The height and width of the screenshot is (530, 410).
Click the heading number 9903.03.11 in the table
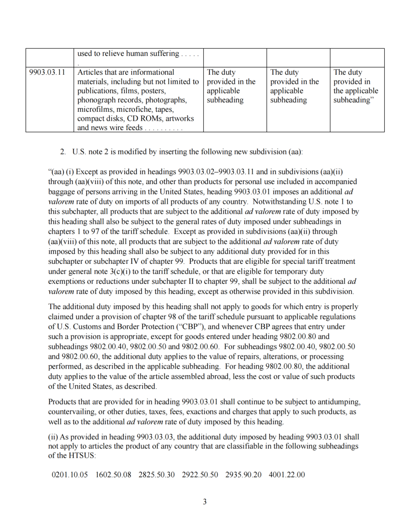click(47, 72)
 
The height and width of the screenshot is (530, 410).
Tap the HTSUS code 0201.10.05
click(69, 475)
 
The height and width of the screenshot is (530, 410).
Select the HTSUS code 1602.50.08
click(113, 475)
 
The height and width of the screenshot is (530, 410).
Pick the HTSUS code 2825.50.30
click(156, 475)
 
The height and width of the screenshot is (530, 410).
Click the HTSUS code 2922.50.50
click(200, 475)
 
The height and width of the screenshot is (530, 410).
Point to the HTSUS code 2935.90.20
click(243, 475)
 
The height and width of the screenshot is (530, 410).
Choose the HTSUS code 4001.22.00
click(287, 475)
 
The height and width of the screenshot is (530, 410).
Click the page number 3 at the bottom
click(205, 502)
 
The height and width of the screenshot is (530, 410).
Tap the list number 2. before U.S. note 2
click(63, 152)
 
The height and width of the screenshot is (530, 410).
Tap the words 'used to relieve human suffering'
click(128, 53)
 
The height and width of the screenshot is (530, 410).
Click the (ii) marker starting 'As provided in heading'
click(53, 437)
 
